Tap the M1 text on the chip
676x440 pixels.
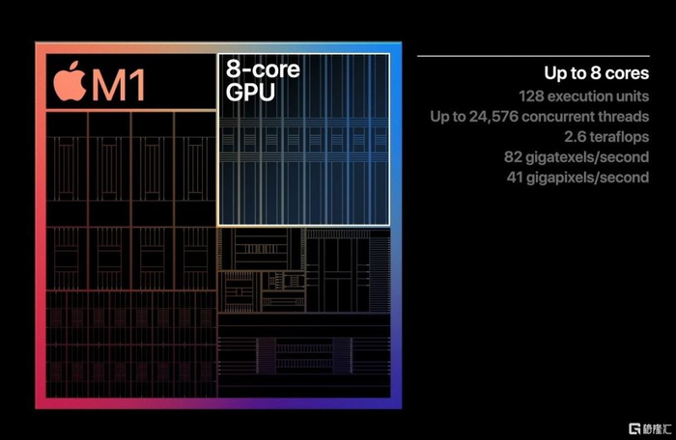[119, 85]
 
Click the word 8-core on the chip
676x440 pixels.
[262, 69]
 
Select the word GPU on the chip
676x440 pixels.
[250, 93]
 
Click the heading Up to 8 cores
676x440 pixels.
[596, 73]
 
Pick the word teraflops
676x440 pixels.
[615, 137]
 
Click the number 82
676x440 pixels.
[513, 157]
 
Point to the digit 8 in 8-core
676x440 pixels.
[232, 69]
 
